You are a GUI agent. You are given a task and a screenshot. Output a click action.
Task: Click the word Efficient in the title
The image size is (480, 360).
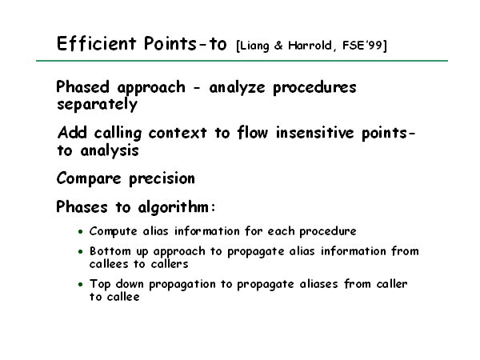click(x=97, y=43)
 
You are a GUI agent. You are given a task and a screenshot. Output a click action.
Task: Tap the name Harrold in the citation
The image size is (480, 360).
click(x=310, y=46)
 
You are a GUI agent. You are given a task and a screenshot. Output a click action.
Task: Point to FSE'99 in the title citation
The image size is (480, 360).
click(x=362, y=46)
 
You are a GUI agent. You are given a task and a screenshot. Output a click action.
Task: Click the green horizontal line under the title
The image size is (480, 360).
click(x=242, y=61)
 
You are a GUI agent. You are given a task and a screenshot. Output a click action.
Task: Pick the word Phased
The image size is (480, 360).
click(x=82, y=87)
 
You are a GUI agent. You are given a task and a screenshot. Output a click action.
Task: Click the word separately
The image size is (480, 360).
click(x=97, y=105)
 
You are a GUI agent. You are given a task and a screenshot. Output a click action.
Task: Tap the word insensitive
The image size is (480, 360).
click(x=315, y=133)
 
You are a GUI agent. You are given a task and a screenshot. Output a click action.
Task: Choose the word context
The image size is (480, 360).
click(x=178, y=133)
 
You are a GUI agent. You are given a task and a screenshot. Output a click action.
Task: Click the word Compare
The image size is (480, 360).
click(x=89, y=178)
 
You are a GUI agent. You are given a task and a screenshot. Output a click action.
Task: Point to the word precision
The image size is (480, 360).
click(x=162, y=178)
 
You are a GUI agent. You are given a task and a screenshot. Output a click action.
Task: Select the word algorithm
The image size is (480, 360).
click(x=174, y=207)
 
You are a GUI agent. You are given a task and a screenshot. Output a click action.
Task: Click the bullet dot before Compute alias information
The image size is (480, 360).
click(x=81, y=232)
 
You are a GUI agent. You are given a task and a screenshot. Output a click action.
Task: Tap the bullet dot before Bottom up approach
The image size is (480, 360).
click(x=81, y=252)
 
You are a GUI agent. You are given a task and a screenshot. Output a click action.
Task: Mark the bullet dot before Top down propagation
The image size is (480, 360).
click(x=81, y=284)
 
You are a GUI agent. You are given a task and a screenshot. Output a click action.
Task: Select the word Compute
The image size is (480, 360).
click(x=114, y=232)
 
